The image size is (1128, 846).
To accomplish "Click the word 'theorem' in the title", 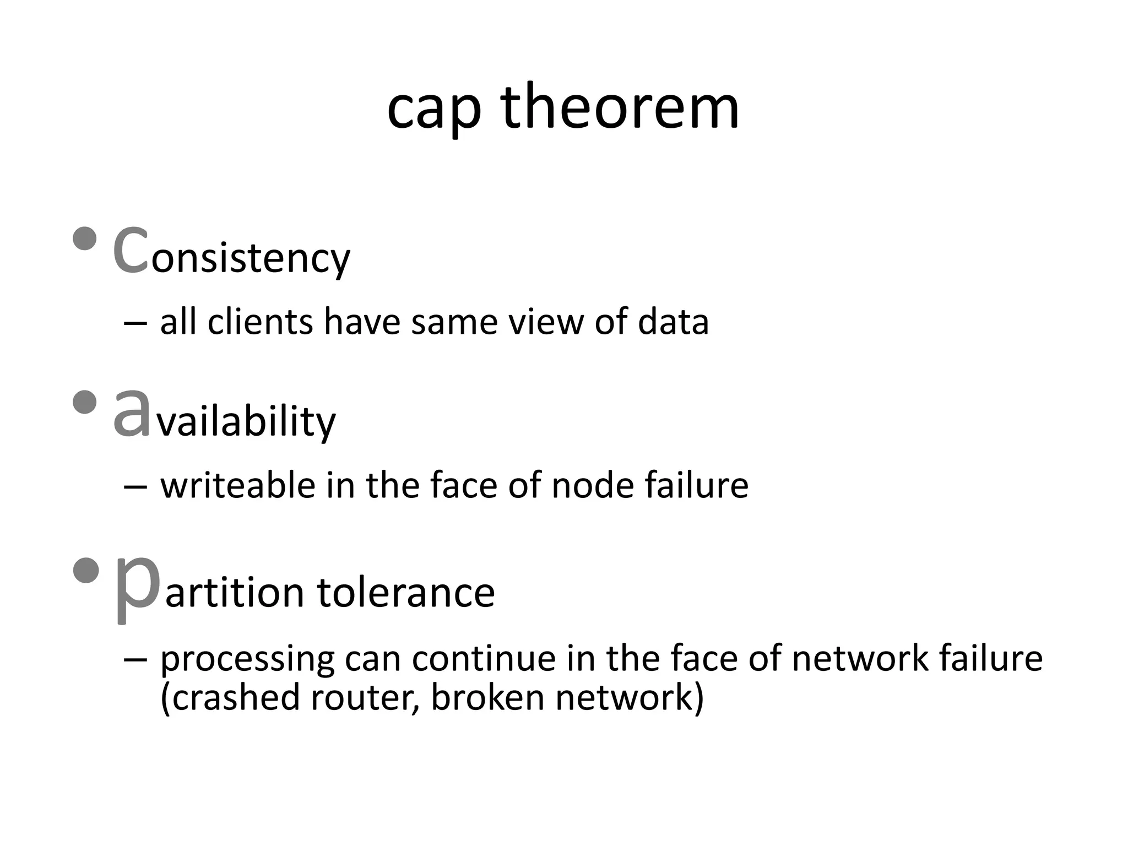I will coord(620,107).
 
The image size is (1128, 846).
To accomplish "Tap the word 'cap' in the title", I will coord(433,110).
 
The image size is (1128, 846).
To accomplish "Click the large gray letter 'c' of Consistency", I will coord(130,251).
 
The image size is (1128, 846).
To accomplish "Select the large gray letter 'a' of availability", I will coord(131,414).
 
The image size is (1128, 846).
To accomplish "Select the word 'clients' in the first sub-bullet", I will coord(260,322).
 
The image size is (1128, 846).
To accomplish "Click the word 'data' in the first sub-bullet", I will coord(673,322).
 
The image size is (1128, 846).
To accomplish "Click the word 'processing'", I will coord(247,660).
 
